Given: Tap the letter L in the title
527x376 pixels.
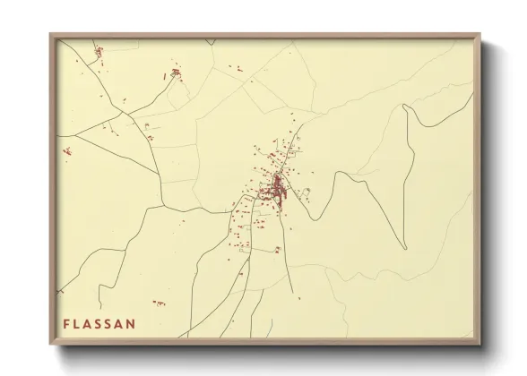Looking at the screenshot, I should (x=78, y=323).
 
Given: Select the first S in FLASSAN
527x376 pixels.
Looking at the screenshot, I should (x=100, y=323).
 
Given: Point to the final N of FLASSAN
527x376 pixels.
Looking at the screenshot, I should (x=131, y=323).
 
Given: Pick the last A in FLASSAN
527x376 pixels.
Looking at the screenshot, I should (x=120, y=323).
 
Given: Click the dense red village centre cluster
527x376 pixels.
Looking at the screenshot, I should (x=277, y=189).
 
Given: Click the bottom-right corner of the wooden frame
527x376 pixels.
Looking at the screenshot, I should (x=479, y=346).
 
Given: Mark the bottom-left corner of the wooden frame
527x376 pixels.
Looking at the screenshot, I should (x=51, y=346).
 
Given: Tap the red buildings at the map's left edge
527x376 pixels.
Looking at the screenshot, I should (x=66, y=151).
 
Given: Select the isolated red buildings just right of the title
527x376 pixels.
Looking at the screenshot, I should (x=160, y=303).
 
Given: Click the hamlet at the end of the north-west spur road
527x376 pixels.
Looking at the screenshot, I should (x=176, y=73).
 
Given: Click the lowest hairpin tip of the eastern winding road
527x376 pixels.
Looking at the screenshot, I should (x=405, y=248).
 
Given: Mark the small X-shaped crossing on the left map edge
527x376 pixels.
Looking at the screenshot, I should (x=60, y=291).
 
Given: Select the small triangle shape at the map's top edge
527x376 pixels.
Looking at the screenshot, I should (x=210, y=42).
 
